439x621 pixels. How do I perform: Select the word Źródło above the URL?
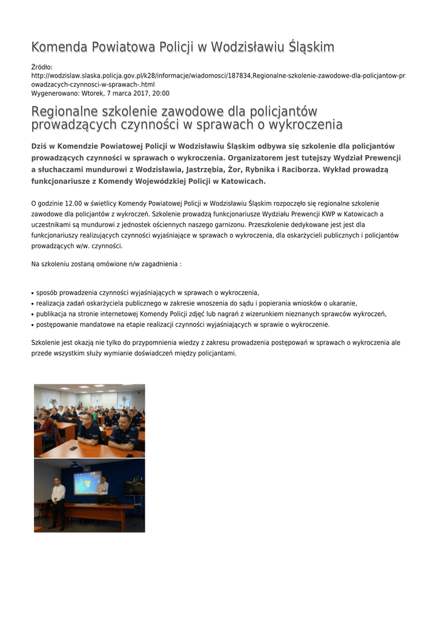pyautogui.click(x=42, y=67)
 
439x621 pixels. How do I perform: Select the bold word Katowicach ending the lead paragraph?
pyautogui.click(x=240, y=181)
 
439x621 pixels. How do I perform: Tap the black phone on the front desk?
pyautogui.click(x=73, y=448)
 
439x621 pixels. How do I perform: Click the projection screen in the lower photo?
pyautogui.click(x=87, y=483)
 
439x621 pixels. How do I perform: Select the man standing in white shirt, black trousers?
pyautogui.click(x=58, y=500)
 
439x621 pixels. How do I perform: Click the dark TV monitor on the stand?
pyautogui.click(x=134, y=488)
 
